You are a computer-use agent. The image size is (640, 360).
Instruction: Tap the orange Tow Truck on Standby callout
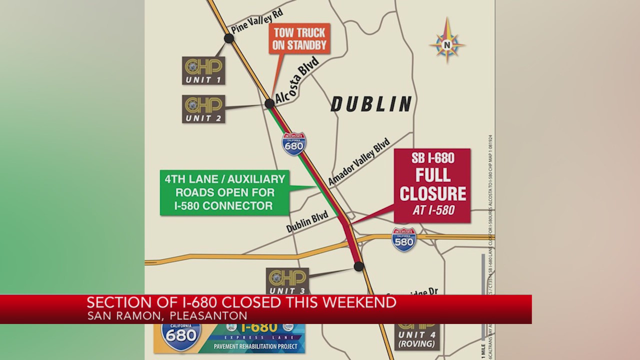tap(299, 39)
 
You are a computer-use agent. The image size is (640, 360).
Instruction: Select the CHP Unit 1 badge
tap(203, 70)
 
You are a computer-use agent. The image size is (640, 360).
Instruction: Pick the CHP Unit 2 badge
tap(203, 109)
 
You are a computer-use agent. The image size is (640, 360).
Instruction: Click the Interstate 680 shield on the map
tap(294, 144)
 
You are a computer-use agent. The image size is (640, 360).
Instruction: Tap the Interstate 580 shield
tap(404, 239)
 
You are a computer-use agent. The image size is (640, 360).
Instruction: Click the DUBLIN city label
tap(371, 104)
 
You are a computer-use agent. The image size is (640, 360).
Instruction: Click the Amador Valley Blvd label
tap(358, 161)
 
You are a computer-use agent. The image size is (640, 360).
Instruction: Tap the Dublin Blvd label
tap(307, 221)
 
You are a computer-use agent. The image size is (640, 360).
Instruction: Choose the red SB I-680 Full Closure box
tap(432, 185)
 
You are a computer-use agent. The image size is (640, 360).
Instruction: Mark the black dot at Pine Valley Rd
tap(229, 38)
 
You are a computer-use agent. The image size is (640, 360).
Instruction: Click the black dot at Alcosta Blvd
tap(269, 103)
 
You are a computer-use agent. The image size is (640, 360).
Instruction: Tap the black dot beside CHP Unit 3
tap(358, 266)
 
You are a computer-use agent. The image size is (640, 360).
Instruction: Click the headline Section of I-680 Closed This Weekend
tap(241, 302)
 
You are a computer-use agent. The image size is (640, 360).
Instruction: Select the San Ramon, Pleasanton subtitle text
tap(167, 316)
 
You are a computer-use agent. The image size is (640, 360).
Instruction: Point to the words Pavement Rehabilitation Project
tap(255, 346)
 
